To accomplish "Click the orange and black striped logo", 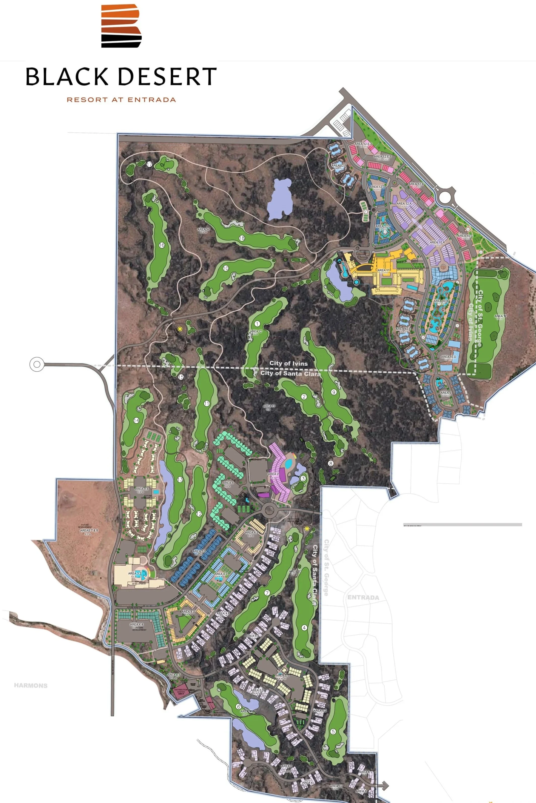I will click(x=121, y=26).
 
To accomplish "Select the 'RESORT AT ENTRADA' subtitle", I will click(x=121, y=100).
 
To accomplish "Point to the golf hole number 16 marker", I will click(x=162, y=245).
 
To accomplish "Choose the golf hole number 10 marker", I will click(x=226, y=268).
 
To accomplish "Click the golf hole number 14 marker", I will click(x=136, y=420).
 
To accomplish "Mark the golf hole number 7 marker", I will click(x=267, y=593).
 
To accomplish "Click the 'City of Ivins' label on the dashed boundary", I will click(x=289, y=363).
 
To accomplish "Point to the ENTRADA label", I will click(x=363, y=598).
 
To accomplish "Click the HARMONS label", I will click(x=31, y=685).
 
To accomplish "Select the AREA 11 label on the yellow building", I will click(x=383, y=270).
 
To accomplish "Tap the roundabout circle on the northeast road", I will click(x=445, y=197).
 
